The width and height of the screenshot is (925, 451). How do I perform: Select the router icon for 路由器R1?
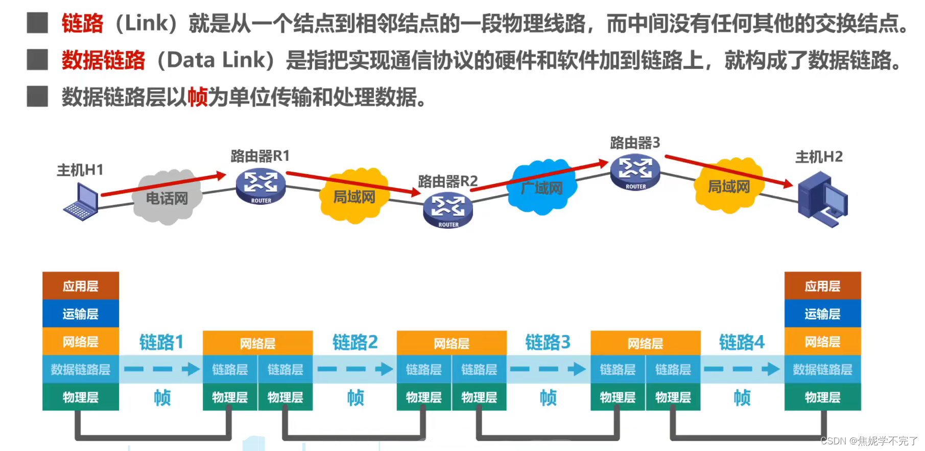[x=260, y=186]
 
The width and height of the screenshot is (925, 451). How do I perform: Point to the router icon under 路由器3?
[x=635, y=172]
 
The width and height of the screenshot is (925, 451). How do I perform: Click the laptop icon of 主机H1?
[x=82, y=202]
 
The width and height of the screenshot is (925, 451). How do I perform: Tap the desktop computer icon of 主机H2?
[x=822, y=199]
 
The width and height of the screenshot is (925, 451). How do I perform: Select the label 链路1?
[x=161, y=342]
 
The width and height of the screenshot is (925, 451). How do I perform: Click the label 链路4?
[x=742, y=342]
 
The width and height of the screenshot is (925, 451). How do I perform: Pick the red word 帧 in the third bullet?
[x=198, y=97]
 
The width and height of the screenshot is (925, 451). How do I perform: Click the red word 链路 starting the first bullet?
[x=82, y=23]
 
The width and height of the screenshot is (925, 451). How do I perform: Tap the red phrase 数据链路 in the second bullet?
[x=103, y=60]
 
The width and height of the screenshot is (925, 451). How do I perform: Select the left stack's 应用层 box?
[x=81, y=286]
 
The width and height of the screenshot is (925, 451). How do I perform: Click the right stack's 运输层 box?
[x=822, y=314]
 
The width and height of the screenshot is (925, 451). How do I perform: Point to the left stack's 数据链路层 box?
[x=81, y=369]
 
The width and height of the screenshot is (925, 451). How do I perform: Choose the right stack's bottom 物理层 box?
[x=822, y=397]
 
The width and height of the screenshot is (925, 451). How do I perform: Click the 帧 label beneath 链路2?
[x=355, y=397]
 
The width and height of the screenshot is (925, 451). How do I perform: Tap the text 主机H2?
[x=819, y=157]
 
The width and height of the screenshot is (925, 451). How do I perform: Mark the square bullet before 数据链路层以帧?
[x=37, y=97]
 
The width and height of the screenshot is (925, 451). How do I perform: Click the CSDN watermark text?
[x=869, y=441]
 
